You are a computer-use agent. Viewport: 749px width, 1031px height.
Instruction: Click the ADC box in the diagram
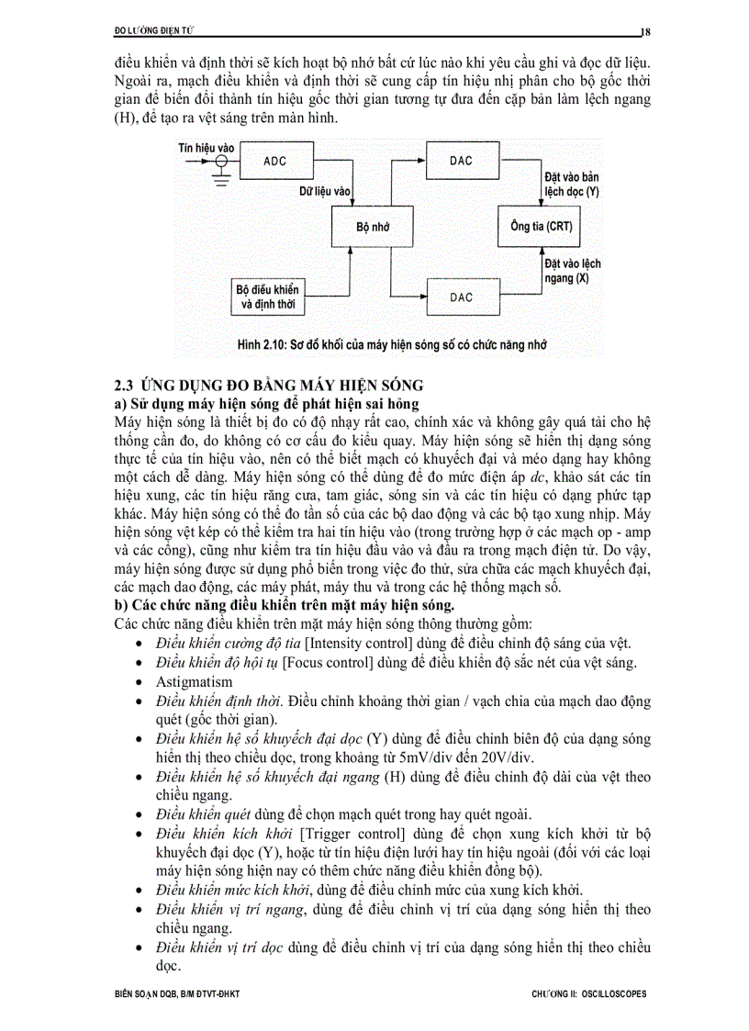(x=274, y=161)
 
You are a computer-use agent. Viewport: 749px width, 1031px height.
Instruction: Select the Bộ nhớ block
(x=373, y=226)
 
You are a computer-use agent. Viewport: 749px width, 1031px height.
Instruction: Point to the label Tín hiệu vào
(x=207, y=146)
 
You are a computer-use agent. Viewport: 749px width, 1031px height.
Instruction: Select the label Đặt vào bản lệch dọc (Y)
(x=571, y=184)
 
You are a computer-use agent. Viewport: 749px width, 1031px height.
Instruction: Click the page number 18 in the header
(x=645, y=31)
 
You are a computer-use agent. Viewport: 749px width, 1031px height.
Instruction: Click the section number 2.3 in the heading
(x=125, y=385)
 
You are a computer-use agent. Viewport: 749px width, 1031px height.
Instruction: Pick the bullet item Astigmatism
(x=194, y=682)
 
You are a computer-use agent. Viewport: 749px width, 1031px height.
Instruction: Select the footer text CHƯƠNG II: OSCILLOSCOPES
(x=589, y=994)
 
